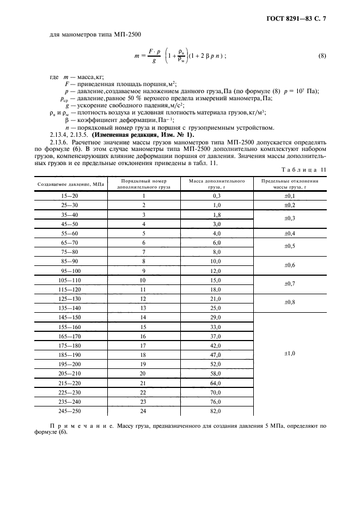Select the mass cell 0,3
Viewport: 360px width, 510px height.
pyautogui.click(x=216, y=196)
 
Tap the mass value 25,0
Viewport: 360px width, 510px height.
pyautogui.click(x=216, y=308)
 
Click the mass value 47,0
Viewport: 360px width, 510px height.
pyautogui.click(x=216, y=355)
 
